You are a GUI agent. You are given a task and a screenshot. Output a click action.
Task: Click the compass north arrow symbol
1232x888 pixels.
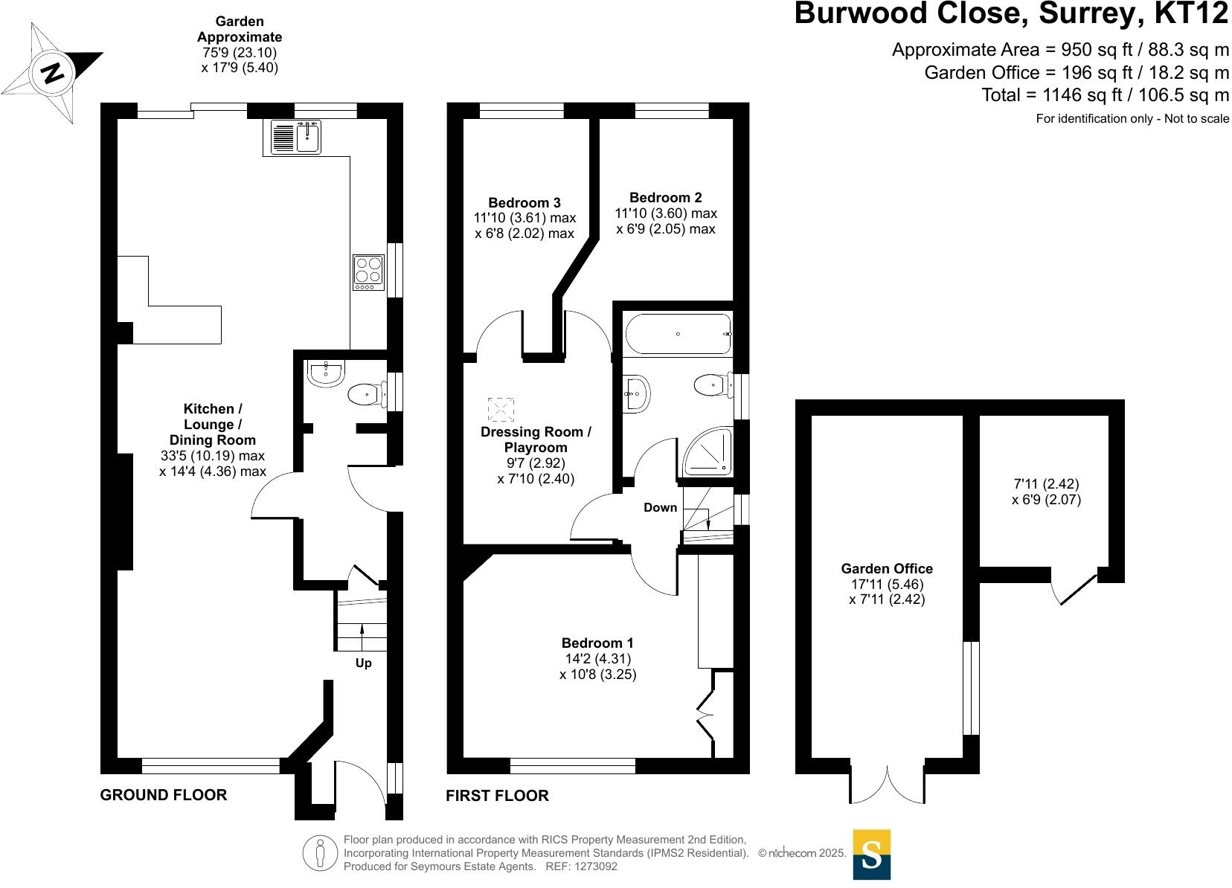pyautogui.click(x=53, y=74)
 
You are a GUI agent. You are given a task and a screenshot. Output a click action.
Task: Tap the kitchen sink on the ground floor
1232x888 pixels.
pyautogui.click(x=296, y=137)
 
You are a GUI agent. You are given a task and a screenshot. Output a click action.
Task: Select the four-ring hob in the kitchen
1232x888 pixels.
pyautogui.click(x=368, y=273)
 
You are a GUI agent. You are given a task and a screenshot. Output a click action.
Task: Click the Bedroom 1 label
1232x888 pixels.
pyautogui.click(x=597, y=643)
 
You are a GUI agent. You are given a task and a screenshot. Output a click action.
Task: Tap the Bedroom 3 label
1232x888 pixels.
pyautogui.click(x=524, y=202)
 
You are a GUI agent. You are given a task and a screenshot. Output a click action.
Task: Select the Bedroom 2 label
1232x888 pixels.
pyautogui.click(x=666, y=197)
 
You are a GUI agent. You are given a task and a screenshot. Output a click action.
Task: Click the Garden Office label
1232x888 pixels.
pyautogui.click(x=887, y=569)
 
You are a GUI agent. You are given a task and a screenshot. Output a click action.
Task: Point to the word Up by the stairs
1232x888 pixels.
pyautogui.click(x=363, y=663)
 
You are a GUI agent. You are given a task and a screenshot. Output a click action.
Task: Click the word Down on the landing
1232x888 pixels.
pyautogui.click(x=660, y=507)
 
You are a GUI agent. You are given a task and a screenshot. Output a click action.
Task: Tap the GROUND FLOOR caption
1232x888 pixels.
pyautogui.click(x=164, y=795)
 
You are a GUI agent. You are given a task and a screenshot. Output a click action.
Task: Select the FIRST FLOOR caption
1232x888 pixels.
pyautogui.click(x=497, y=796)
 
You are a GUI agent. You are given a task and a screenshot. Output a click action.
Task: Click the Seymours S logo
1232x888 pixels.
pyautogui.click(x=871, y=854)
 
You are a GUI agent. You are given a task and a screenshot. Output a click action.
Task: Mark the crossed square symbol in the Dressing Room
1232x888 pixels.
pyautogui.click(x=501, y=410)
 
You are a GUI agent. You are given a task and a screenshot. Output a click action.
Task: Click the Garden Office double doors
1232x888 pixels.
pyautogui.click(x=888, y=784)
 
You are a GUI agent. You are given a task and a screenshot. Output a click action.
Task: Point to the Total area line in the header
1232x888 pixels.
pyautogui.click(x=1105, y=95)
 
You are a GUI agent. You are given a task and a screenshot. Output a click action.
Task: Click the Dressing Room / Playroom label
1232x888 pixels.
pyautogui.click(x=536, y=440)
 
